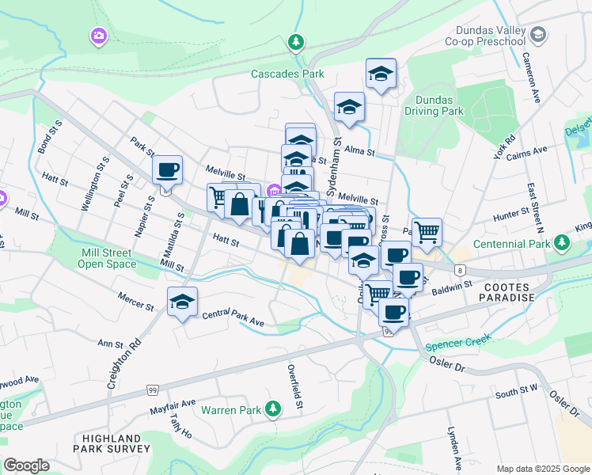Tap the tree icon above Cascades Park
point(296,42)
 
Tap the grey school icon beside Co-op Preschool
point(538,35)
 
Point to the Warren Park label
point(230,410)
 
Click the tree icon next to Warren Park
point(273,408)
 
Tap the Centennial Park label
point(518,244)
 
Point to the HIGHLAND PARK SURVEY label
point(114,443)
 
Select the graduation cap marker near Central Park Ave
point(182,302)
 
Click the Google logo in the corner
point(26,465)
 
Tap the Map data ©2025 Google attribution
point(542,468)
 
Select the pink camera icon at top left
point(98,36)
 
